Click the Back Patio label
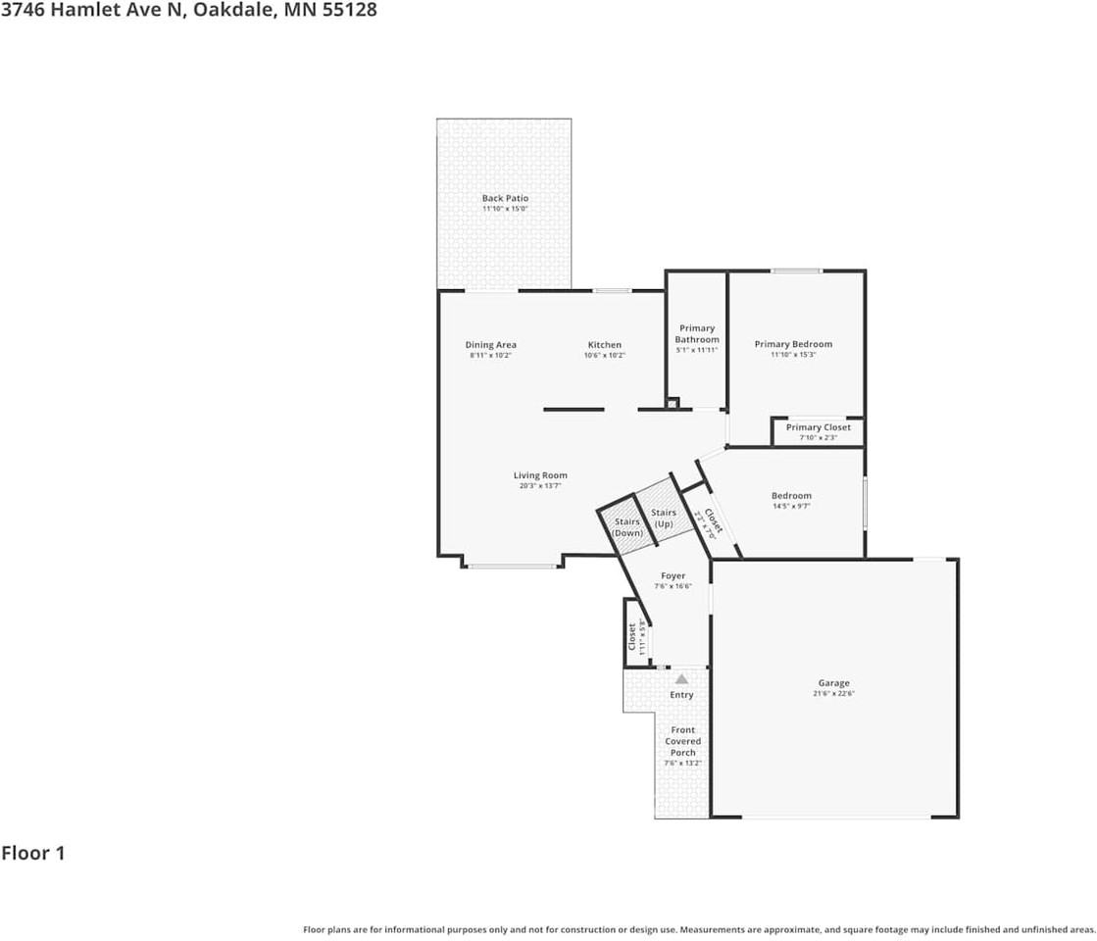tap(505, 198)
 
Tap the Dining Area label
tap(490, 345)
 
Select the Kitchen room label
tap(604, 345)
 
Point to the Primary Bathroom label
tap(697, 334)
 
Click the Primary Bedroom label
tap(793, 344)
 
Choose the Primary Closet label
tap(818, 427)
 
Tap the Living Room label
tap(540, 475)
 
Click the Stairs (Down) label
tap(627, 527)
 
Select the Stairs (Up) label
tap(664, 519)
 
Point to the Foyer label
tap(673, 575)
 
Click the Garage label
tap(834, 683)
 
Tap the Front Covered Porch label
tap(682, 741)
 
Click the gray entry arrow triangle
tap(681, 678)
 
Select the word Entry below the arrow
tap(681, 695)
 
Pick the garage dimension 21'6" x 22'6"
tap(834, 693)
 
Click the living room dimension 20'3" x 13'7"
tap(539, 486)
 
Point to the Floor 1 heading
tap(33, 853)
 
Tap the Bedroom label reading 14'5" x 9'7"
tap(791, 507)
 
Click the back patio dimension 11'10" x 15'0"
tap(505, 209)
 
